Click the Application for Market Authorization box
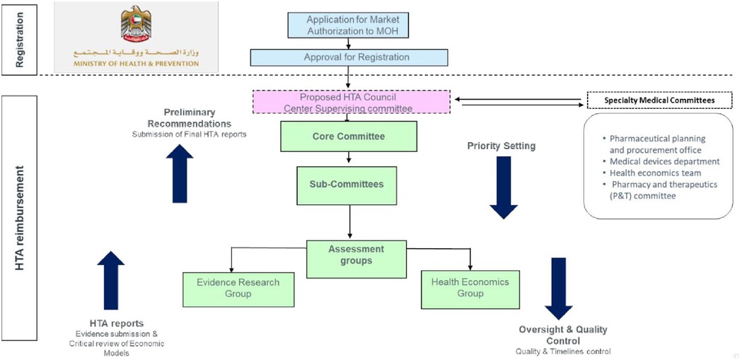pyautogui.click(x=348, y=25)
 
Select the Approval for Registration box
pyautogui.click(x=348, y=57)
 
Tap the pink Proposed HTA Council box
pyautogui.click(x=352, y=102)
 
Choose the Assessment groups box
pyautogui.click(x=356, y=255)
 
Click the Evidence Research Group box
pyautogui.click(x=238, y=288)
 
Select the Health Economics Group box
pyautogui.click(x=470, y=288)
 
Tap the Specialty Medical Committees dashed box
pyautogui.click(x=659, y=100)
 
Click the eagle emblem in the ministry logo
pyautogui.click(x=136, y=24)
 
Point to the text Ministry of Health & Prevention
pyautogui.click(x=136, y=63)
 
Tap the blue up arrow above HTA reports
pyautogui.click(x=110, y=281)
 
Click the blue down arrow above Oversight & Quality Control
pyautogui.click(x=559, y=289)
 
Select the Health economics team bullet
pyautogui.click(x=654, y=173)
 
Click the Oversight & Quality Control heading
pyautogui.click(x=562, y=335)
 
